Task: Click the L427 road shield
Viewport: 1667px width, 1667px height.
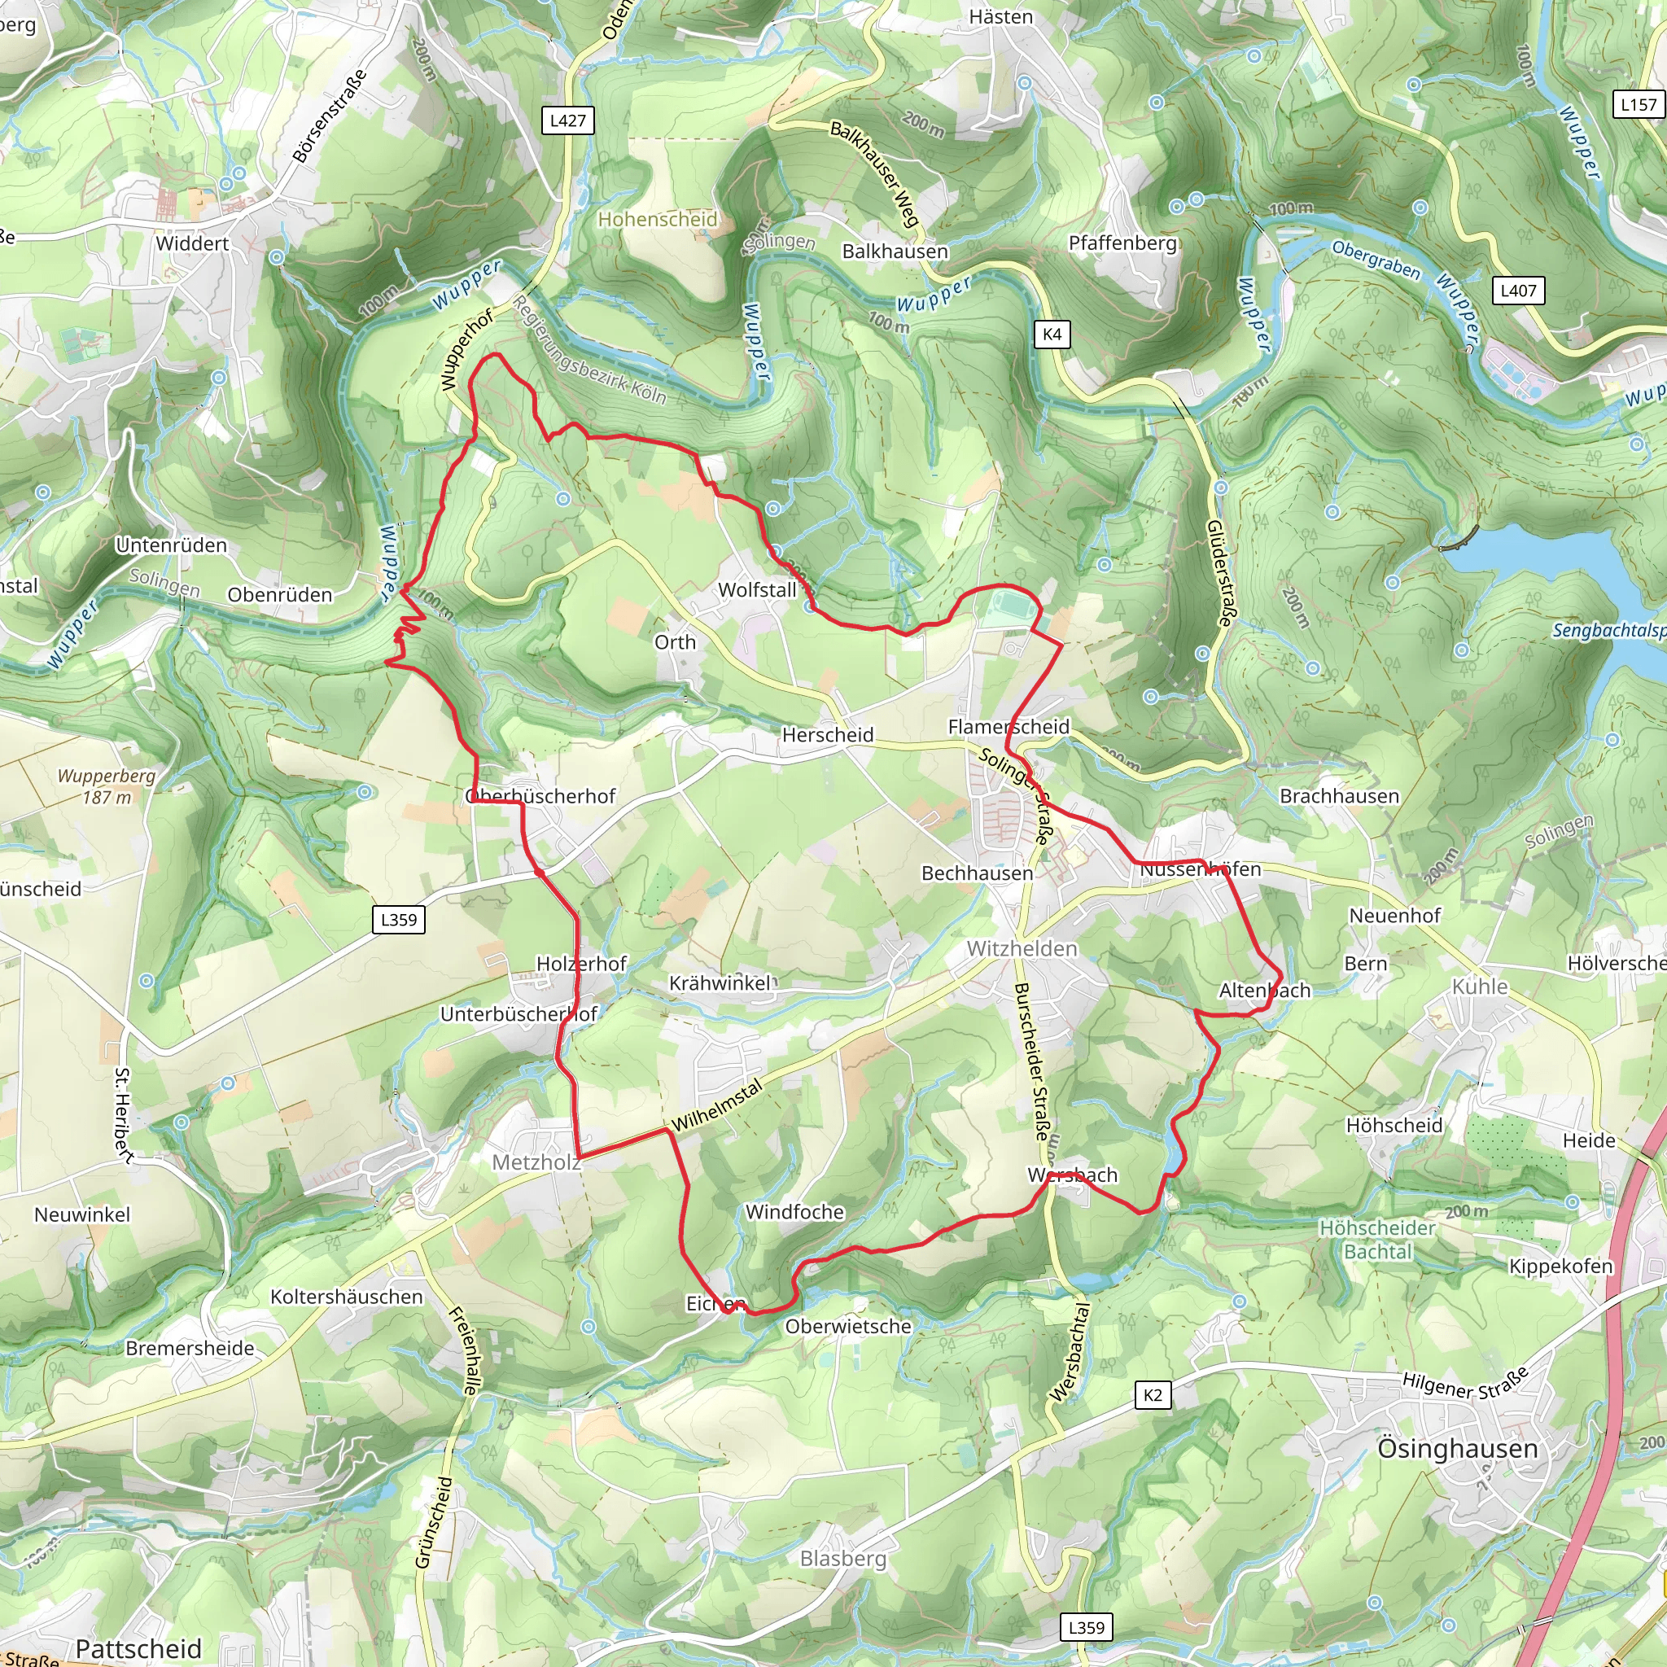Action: [x=568, y=120]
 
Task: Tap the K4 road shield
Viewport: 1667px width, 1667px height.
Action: [x=1052, y=335]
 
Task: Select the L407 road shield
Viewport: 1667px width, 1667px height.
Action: [x=1518, y=291]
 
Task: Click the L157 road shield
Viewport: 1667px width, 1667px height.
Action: [x=1639, y=105]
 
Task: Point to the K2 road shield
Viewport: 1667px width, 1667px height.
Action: [x=1153, y=1395]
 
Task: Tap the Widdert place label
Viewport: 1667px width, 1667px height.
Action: [x=192, y=243]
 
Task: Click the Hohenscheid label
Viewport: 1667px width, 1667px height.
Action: [x=658, y=219]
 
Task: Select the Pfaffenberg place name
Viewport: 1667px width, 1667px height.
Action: [x=1122, y=243]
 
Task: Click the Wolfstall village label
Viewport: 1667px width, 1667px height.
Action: [x=758, y=590]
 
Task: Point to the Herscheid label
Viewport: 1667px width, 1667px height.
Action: [x=828, y=735]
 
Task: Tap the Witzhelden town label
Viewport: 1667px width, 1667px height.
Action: [x=1022, y=949]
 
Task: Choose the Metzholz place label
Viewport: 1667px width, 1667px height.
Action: [x=536, y=1162]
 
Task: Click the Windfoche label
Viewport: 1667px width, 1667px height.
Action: [x=794, y=1212]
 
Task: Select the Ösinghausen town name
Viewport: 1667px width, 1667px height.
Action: [x=1457, y=1449]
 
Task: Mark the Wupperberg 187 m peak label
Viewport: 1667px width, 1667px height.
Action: [x=107, y=786]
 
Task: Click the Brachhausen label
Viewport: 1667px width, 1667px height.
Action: [x=1339, y=796]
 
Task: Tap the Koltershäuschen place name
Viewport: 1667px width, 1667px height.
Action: [x=347, y=1297]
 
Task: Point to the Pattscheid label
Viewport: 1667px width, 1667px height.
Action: [x=139, y=1648]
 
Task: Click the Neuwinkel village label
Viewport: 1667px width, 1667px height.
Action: [x=83, y=1215]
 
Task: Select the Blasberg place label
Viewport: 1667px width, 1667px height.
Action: [x=843, y=1558]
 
